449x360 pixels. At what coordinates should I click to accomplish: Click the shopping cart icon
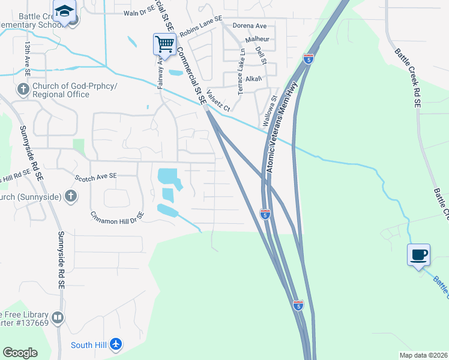click(164, 43)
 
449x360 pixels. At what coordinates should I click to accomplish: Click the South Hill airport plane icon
click(116, 344)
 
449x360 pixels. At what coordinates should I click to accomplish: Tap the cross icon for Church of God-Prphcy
click(23, 90)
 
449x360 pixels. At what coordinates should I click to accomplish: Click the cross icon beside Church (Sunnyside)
click(71, 196)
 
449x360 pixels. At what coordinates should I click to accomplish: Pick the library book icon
click(58, 317)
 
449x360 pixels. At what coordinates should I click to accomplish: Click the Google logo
click(20, 353)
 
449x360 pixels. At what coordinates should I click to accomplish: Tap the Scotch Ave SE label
click(95, 177)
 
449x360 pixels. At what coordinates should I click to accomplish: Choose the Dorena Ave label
click(249, 26)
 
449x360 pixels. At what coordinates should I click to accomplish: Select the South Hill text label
click(89, 344)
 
